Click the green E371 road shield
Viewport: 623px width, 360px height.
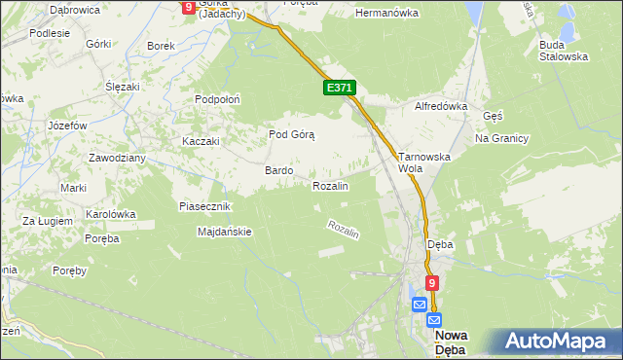pos(340,89)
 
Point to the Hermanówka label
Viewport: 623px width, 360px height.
pos(386,14)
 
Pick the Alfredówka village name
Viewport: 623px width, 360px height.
pos(442,106)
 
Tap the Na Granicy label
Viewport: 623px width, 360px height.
pos(501,138)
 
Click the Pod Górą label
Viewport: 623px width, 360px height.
pos(292,134)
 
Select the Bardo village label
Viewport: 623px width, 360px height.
pos(279,170)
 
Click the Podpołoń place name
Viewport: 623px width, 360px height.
pos(218,99)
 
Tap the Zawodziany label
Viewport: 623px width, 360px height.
pos(117,158)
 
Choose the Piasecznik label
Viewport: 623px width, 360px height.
pos(204,206)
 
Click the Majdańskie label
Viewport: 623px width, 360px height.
pos(225,232)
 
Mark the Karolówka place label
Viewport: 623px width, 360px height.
pos(110,213)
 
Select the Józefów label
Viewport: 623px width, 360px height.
pos(68,126)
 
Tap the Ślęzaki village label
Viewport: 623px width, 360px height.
pos(125,86)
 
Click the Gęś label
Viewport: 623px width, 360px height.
pos(493,115)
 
